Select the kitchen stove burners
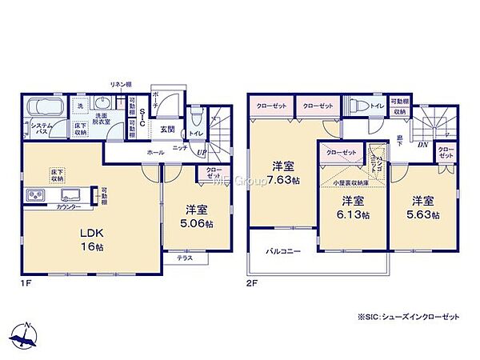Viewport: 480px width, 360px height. [x=37, y=194]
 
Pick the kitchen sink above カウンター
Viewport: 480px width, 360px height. [x=70, y=194]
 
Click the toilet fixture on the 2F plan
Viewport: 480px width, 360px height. [x=356, y=105]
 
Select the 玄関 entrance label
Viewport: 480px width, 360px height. [x=166, y=129]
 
